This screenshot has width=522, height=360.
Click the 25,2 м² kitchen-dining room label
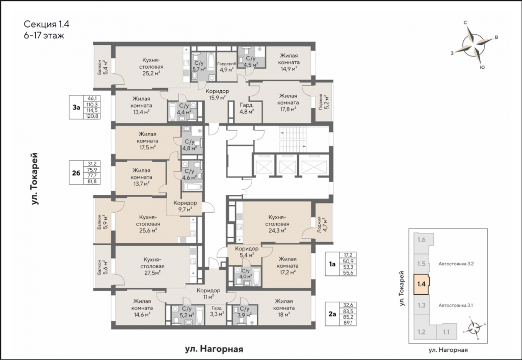coord(153,67)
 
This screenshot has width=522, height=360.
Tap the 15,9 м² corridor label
coord(217,94)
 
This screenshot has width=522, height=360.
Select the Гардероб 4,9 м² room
coord(226,67)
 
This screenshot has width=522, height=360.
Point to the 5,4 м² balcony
coord(103,67)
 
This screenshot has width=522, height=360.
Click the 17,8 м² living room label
coord(288,102)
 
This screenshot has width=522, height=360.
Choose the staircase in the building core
coord(293,139)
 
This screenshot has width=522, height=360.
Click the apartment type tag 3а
coord(76,107)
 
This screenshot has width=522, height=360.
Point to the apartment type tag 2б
coord(76,173)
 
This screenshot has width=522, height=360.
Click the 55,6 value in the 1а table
coord(347,273)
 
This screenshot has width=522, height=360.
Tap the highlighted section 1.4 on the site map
coord(422,284)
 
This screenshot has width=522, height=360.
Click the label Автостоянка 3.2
coord(456,264)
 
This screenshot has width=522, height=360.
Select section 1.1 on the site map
coord(446,331)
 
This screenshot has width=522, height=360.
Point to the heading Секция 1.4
coord(46,24)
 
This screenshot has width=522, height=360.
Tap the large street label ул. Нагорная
coord(214,349)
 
